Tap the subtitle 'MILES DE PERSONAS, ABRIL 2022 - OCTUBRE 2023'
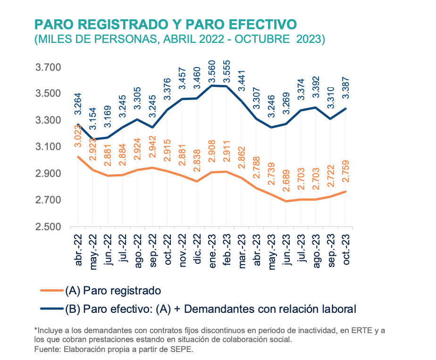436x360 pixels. [180, 39]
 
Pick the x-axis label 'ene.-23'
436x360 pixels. [212, 250]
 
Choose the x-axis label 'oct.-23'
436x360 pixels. [346, 250]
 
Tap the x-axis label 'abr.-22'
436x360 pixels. [79, 250]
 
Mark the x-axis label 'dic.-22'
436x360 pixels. [198, 250]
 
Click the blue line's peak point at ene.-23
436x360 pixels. [212, 85]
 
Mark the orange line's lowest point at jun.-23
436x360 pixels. [286, 201]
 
